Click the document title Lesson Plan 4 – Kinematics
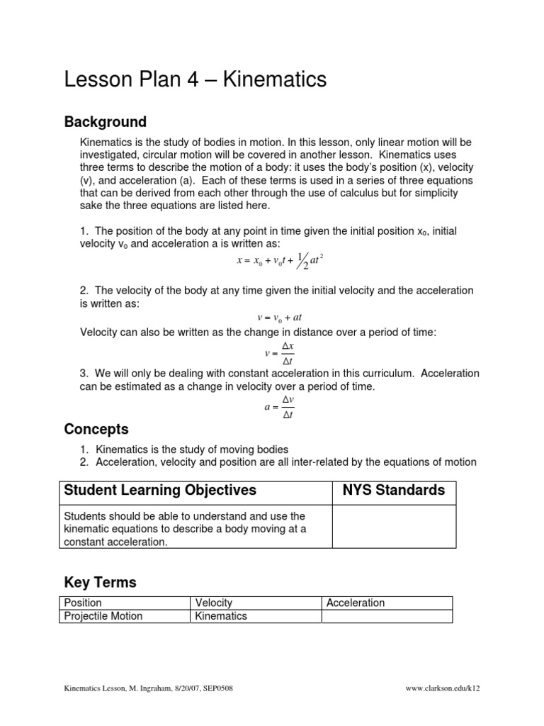pos(195,80)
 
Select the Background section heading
pos(106,122)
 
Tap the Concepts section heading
pos(96,429)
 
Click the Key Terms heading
pos(100,583)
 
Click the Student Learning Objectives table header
pos(160,491)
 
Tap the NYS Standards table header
pos(394,491)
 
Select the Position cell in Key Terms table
pos(83,603)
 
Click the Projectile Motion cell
pos(103,616)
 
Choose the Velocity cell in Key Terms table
pos(213,603)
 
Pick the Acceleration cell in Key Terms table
pos(356,603)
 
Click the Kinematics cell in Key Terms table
pos(221,616)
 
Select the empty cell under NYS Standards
pos(394,526)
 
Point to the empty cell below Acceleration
pos(387,616)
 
